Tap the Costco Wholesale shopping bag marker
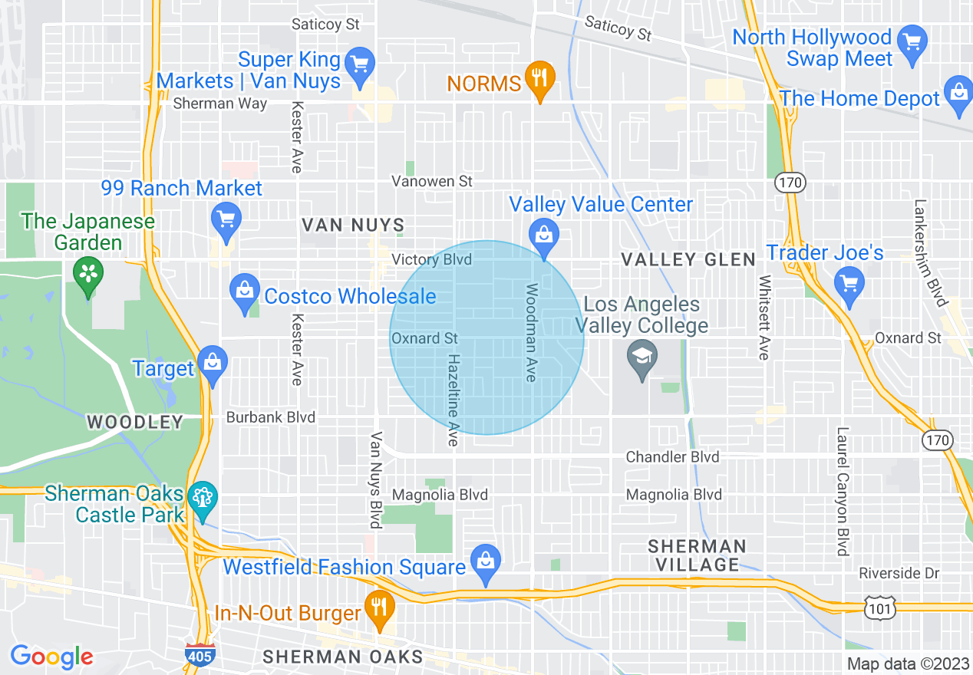(x=245, y=293)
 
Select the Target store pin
(x=213, y=366)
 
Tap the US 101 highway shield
(x=877, y=608)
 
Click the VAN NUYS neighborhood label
(x=352, y=225)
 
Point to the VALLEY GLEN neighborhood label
(x=688, y=260)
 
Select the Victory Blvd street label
(x=431, y=260)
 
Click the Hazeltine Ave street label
(x=453, y=400)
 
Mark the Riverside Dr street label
(x=899, y=573)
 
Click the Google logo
(x=51, y=656)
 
